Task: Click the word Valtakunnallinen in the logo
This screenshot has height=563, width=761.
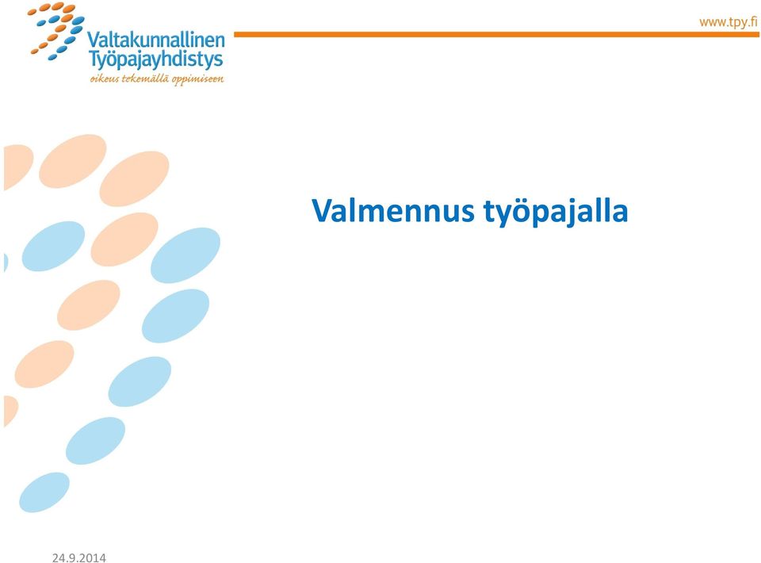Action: coord(156,40)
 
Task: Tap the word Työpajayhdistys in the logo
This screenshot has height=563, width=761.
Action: coord(156,60)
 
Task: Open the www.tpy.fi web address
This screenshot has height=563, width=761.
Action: coord(728,22)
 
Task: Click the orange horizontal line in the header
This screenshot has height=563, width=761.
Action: coord(496,34)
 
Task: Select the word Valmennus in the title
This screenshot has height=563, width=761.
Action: coord(393,211)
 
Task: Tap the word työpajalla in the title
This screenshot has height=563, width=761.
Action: coord(556,212)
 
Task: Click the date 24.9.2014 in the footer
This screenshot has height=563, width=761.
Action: coord(79,557)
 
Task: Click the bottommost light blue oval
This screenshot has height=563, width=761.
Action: coord(44,492)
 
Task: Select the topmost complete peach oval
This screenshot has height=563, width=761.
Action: coord(73,161)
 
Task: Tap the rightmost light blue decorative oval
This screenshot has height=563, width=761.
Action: coord(185,255)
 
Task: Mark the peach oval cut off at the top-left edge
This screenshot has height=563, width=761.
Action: coord(17,167)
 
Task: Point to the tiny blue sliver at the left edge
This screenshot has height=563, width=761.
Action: coord(6,262)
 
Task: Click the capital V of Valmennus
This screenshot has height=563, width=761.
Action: coord(325,211)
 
